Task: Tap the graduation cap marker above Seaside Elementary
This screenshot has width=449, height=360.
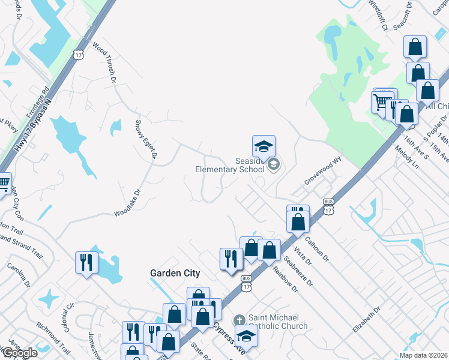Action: (x=264, y=147)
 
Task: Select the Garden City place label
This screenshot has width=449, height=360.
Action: (x=175, y=273)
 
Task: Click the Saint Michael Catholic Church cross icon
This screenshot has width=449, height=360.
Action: (x=239, y=319)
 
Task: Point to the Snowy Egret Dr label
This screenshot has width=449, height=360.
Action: (x=146, y=139)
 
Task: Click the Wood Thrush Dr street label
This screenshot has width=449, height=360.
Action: (x=104, y=61)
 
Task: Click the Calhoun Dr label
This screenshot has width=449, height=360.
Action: (x=318, y=247)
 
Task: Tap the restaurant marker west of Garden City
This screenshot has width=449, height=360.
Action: (x=86, y=262)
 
